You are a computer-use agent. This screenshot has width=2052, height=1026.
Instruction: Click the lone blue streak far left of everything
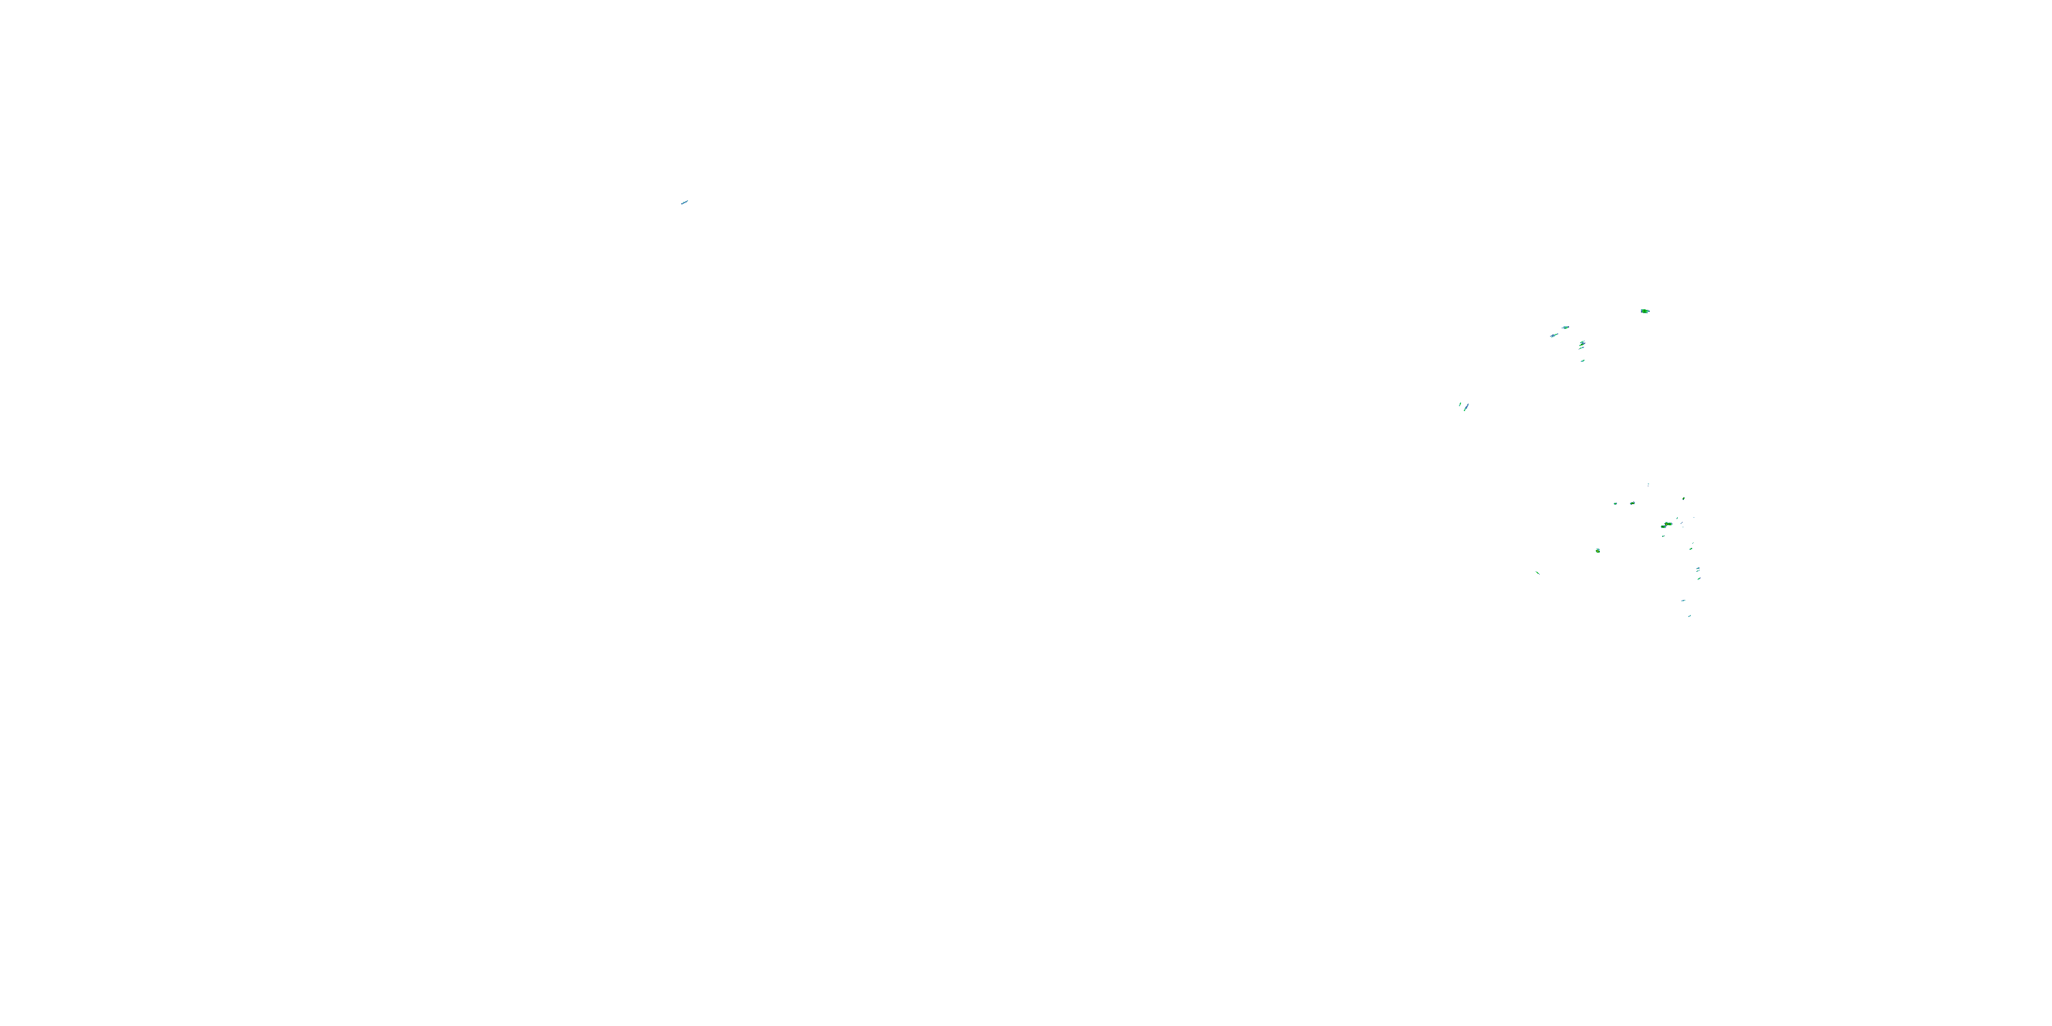click(684, 202)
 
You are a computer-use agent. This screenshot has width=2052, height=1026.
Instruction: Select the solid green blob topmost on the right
click(1645, 311)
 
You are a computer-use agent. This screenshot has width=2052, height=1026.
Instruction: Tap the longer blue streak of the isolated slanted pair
click(1466, 407)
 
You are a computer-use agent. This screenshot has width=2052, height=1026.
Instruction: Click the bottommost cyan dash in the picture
click(1689, 616)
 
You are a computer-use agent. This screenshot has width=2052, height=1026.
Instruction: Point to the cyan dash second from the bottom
click(1683, 600)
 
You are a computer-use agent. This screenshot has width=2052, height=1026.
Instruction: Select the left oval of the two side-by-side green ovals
click(1616, 503)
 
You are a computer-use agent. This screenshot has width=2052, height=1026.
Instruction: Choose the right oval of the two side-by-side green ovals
click(1632, 503)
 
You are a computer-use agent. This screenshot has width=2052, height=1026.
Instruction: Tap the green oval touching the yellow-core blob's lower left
click(1663, 527)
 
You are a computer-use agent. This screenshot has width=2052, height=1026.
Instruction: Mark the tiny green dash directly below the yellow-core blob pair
click(1663, 536)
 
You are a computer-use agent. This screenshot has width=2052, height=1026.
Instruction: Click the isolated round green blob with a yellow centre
click(1598, 551)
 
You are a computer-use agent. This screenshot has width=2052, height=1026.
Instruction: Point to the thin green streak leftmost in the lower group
click(1538, 572)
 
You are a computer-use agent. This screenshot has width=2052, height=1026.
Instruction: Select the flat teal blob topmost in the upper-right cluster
click(1565, 328)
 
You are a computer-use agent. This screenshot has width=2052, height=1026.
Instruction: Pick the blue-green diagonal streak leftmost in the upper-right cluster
click(1553, 335)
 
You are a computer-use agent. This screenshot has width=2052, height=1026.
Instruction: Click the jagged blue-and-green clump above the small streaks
click(1582, 344)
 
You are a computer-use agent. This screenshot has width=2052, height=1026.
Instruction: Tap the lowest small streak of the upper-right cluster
click(1583, 361)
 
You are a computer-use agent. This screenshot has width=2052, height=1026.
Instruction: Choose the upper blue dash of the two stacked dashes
click(1698, 569)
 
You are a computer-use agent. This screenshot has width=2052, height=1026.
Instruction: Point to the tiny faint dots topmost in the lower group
click(1648, 484)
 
